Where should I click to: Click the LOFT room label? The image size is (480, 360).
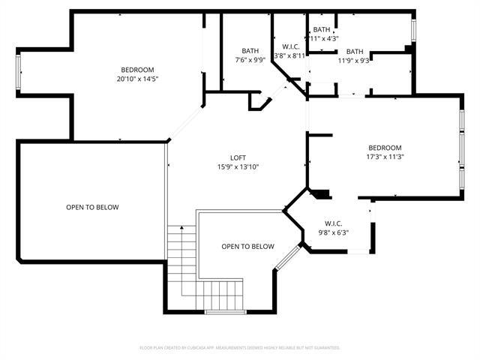pos(238,157)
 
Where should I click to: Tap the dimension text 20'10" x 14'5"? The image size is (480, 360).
pos(137,79)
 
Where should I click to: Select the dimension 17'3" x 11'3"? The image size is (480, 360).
pos(385,157)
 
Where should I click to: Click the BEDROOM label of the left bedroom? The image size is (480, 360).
pos(137,70)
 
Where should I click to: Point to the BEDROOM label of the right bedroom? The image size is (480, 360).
pos(385,148)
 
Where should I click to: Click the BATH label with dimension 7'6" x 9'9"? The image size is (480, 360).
pos(250,51)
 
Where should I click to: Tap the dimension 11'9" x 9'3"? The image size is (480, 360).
pos(354,61)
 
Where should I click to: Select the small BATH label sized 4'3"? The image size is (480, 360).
pos(322,29)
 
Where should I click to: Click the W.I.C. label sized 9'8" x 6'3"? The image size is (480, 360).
pos(333,223)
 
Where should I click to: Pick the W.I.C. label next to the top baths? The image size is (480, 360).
pos(288,45)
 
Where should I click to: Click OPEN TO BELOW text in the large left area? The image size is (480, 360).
pos(92,207)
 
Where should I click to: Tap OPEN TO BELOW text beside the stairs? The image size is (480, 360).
pos(247,246)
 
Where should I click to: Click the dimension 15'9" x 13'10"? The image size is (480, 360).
pos(238,166)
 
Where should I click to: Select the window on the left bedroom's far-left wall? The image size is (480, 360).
pos(19,70)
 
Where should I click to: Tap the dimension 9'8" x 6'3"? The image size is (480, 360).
pos(333,232)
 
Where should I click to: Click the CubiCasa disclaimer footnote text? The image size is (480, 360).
pos(240,348)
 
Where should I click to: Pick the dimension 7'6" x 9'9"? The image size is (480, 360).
pos(250,60)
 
